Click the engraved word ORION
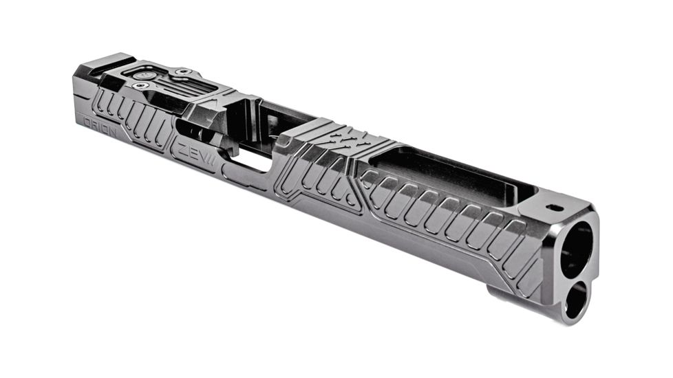[100, 131]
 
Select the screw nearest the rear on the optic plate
[140, 85]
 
